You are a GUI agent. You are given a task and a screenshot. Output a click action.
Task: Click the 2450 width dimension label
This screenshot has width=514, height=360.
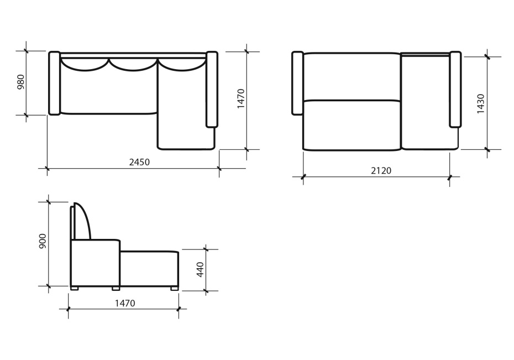pyautogui.click(x=139, y=162)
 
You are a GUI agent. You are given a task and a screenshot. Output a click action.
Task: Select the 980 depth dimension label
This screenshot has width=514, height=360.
pyautogui.click(x=20, y=82)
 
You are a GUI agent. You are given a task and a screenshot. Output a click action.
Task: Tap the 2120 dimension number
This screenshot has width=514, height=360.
pyautogui.click(x=381, y=170)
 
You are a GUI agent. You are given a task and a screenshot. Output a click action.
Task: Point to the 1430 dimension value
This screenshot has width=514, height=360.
pyautogui.click(x=480, y=104)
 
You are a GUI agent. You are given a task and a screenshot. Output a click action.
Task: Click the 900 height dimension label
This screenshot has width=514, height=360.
pyautogui.click(x=43, y=241)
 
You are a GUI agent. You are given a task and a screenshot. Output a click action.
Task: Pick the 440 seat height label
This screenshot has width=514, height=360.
pyautogui.click(x=200, y=269)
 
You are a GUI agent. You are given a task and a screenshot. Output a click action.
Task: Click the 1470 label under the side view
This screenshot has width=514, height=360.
pyautogui.click(x=125, y=303)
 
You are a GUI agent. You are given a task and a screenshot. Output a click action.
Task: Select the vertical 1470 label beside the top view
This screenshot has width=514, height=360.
pyautogui.click(x=241, y=98)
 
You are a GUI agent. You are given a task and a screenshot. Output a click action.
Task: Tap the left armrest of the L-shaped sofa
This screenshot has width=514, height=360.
pyautogui.click(x=54, y=84)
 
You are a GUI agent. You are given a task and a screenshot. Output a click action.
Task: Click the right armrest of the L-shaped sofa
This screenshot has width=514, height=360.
pyautogui.click(x=212, y=89)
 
